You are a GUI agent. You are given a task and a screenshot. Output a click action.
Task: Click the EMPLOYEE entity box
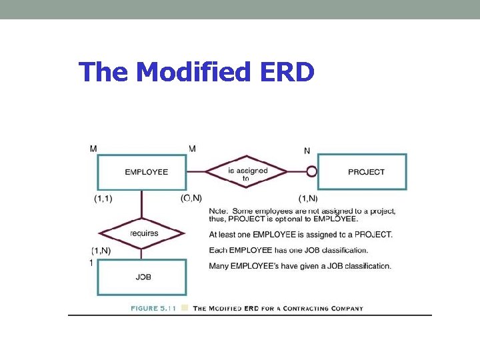(141, 172)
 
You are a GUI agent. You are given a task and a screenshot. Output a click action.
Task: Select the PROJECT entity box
(362, 172)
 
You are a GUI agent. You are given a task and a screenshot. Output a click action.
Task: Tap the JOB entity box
(141, 277)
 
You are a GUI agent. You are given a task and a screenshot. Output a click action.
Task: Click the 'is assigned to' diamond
(247, 172)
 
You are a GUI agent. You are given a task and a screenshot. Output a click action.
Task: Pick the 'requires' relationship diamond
(141, 233)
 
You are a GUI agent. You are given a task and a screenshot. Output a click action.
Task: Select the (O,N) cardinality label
(191, 198)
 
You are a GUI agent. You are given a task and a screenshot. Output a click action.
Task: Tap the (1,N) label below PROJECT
(308, 198)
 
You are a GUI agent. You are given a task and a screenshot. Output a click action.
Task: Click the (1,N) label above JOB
(101, 251)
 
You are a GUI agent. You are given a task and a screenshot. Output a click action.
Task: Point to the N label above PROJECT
(307, 151)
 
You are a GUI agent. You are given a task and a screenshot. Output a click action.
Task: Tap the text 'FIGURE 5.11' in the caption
(154, 309)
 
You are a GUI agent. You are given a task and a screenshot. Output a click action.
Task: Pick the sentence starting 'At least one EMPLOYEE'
(300, 235)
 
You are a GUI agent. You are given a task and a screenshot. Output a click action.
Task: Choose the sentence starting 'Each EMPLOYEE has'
(288, 251)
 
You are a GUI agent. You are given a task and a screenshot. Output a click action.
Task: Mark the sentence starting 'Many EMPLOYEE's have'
(299, 266)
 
